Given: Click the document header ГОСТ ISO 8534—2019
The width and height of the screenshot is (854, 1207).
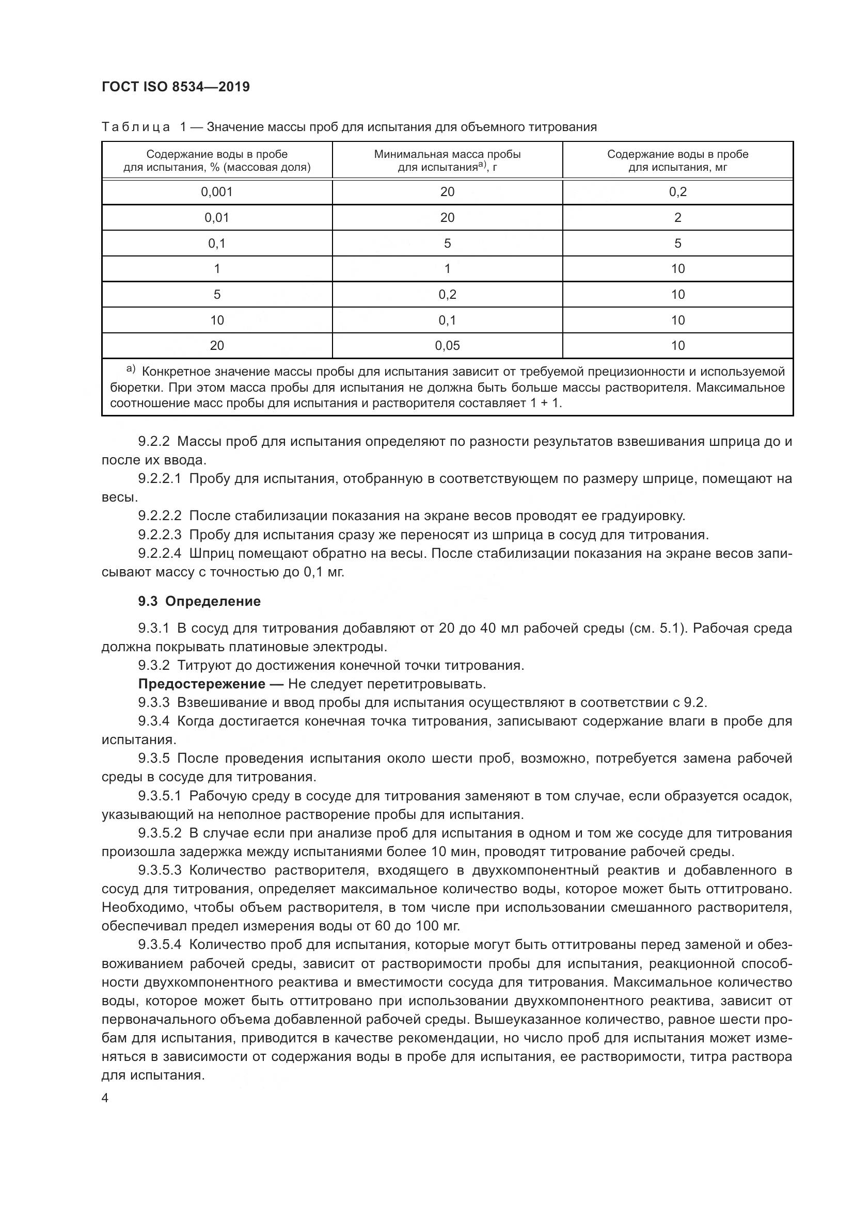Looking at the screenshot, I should click(x=176, y=87).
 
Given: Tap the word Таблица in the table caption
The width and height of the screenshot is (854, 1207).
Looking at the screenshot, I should click(x=136, y=127).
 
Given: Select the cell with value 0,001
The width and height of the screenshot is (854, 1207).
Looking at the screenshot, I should click(x=217, y=192).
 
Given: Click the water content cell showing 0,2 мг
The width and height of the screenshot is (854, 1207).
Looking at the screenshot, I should click(x=677, y=192).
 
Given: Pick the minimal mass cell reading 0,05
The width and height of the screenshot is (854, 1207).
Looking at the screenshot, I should click(x=447, y=345).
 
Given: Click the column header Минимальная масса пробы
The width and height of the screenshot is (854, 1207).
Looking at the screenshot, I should click(x=447, y=155).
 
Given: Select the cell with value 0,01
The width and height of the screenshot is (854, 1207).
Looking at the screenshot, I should click(x=217, y=218).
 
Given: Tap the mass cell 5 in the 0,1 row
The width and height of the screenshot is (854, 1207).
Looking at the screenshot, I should click(x=447, y=244).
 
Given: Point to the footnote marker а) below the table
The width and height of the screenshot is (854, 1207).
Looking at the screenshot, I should click(x=131, y=369).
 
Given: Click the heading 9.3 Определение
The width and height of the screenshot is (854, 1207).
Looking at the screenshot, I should click(x=199, y=601).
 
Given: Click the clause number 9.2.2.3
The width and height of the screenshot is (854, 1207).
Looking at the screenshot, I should click(x=160, y=535).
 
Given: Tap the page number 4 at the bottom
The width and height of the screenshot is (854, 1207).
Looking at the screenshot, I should click(x=105, y=1098).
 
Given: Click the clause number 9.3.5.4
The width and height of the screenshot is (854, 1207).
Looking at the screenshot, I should click(x=160, y=945).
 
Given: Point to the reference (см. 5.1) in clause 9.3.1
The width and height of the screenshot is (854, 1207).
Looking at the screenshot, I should click(x=658, y=628).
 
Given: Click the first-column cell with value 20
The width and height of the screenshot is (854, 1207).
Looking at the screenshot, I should click(x=217, y=345).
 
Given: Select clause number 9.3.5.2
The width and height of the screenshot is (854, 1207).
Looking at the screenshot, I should click(x=160, y=833).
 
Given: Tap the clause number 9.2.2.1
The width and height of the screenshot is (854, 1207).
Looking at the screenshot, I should click(x=160, y=479).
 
